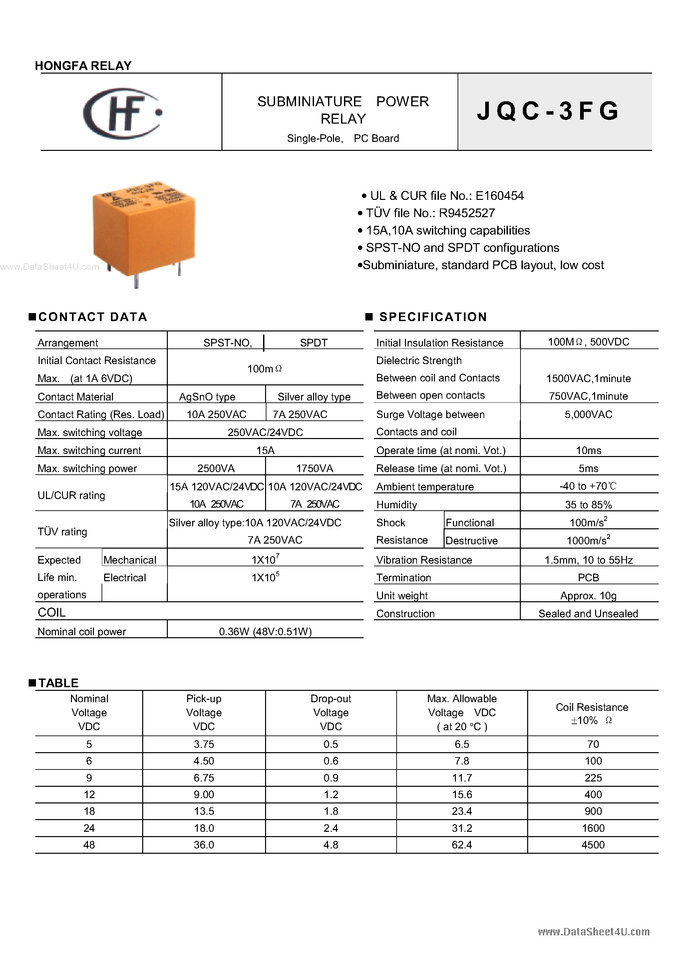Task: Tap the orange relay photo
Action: (x=144, y=231)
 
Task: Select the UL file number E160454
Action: (x=500, y=196)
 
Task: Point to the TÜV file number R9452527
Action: (x=467, y=213)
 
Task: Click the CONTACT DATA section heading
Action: (x=93, y=317)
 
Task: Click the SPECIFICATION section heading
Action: (x=433, y=317)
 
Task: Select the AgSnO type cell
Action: (x=207, y=397)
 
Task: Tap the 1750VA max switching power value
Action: (x=314, y=468)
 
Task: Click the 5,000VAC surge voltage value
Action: (x=588, y=414)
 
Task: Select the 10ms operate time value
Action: (x=588, y=450)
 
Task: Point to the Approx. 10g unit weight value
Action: (x=588, y=596)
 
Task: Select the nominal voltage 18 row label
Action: (x=89, y=811)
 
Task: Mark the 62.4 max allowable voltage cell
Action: (x=462, y=845)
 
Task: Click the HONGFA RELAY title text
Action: (x=83, y=66)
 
